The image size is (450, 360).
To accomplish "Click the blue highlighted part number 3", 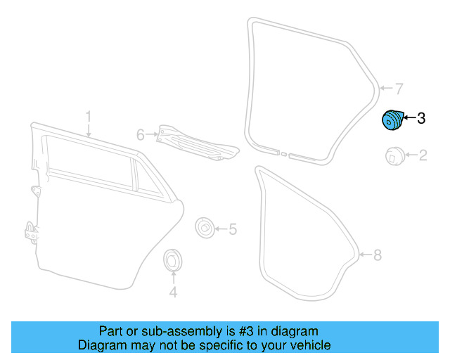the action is (x=392, y=120).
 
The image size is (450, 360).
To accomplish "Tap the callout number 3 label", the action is (x=421, y=118).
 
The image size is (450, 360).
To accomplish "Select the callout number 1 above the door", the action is (x=89, y=117).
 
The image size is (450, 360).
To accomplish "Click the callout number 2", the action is (x=423, y=155).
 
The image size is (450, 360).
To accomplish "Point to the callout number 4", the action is (x=173, y=292).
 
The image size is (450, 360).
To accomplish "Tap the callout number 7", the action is (x=399, y=89).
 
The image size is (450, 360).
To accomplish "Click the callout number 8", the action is (x=378, y=255).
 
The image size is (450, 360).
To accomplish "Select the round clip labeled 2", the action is (x=395, y=156).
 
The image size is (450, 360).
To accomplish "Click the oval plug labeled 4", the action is (x=172, y=259).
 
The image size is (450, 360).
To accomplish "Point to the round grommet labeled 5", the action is (x=205, y=228).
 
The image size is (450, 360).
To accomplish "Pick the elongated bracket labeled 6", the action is (x=198, y=143).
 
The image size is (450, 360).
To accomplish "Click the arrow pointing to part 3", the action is (x=409, y=117).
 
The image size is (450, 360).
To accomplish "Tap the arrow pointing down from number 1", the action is (x=89, y=130).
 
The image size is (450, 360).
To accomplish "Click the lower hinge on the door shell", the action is (x=32, y=233).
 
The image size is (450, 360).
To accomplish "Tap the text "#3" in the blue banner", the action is (x=247, y=331).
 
